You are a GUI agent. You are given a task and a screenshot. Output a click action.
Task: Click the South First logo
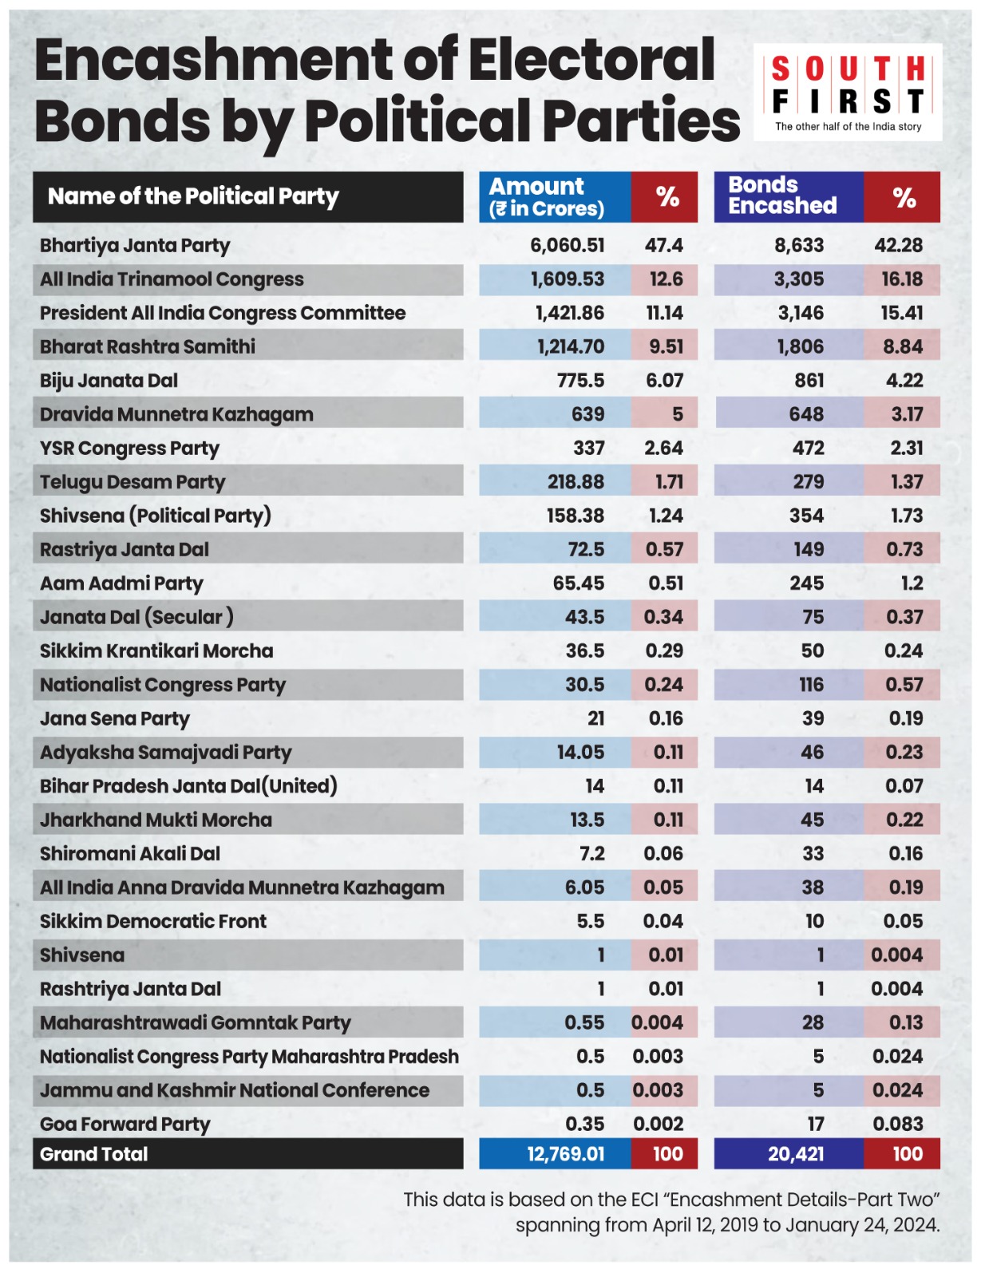[848, 93]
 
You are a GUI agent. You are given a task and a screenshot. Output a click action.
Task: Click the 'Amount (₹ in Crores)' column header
[547, 197]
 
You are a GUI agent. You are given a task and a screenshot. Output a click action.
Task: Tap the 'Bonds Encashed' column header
[781, 195]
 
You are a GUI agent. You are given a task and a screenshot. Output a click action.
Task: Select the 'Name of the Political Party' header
[193, 196]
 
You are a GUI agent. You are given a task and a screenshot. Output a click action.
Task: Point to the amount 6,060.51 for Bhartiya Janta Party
[568, 245]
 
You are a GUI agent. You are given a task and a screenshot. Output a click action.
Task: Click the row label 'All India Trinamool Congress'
[172, 279]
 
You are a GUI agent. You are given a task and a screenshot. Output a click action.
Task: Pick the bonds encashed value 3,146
[801, 313]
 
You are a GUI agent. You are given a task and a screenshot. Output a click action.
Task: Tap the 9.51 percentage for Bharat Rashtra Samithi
[666, 346]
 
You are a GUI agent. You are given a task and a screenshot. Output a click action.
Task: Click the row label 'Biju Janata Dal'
[109, 381]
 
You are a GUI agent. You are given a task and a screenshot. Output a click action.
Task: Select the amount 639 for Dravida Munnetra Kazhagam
[587, 414]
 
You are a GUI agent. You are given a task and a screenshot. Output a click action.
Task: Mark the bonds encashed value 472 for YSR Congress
[809, 448]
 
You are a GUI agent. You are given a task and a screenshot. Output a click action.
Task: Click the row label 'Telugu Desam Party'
[133, 483]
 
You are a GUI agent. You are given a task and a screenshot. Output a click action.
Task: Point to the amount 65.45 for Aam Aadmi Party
[579, 583]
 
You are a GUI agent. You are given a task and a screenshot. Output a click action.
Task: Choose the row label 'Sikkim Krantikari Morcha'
[156, 651]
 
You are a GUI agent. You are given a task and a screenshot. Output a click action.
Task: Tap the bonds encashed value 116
[811, 685]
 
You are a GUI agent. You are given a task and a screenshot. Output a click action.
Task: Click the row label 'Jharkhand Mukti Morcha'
[156, 820]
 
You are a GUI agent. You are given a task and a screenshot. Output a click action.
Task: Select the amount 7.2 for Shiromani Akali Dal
[592, 853]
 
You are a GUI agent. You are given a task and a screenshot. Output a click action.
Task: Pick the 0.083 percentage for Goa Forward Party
[897, 1124]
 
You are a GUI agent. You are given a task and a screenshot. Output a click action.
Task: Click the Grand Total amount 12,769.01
[565, 1153]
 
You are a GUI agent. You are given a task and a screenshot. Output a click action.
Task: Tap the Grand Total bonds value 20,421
[796, 1153]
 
